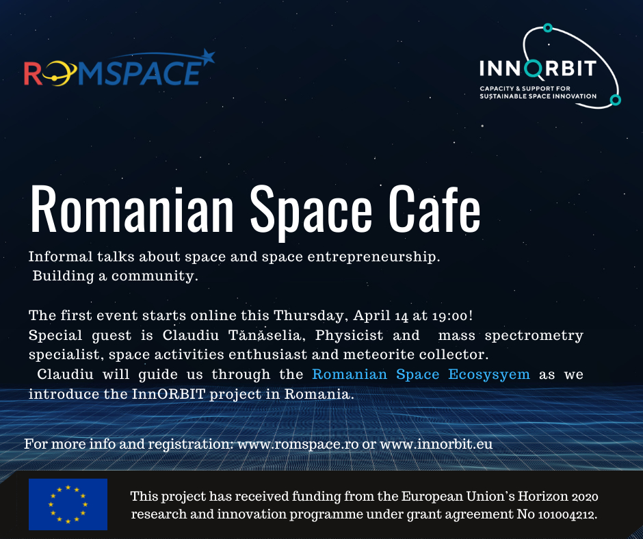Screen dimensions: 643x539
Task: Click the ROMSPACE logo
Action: [x=119, y=68]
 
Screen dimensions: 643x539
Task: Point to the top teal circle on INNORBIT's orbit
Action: [x=548, y=28]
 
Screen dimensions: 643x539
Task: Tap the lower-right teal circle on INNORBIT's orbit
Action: [x=615, y=100]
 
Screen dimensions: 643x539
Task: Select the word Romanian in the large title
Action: [x=132, y=209]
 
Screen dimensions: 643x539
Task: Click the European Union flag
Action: [x=68, y=504]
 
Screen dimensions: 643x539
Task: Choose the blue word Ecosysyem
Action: [x=489, y=374]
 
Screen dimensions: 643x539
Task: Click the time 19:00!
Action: [x=453, y=316]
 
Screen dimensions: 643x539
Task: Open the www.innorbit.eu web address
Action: [x=436, y=444]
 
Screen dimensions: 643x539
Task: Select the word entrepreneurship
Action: [x=373, y=257]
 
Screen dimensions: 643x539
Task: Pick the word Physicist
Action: [x=349, y=335]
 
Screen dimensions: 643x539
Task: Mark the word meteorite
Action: [x=378, y=354]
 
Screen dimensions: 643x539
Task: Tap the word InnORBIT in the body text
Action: [x=168, y=394]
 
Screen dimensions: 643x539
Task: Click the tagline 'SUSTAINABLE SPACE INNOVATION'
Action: [x=538, y=96]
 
